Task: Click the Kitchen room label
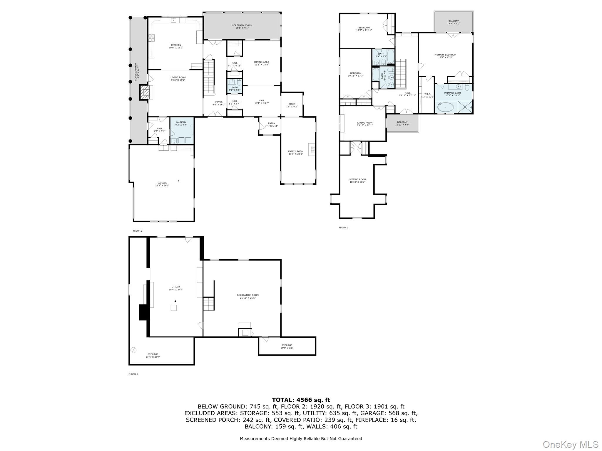tap(176, 45)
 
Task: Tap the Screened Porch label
tap(242, 26)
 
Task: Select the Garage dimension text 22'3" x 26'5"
tap(162, 186)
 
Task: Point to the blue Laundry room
tap(181, 131)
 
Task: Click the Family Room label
tap(295, 152)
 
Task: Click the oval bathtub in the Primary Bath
tap(446, 107)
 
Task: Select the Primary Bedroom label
tap(445, 55)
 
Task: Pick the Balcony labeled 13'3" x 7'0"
tap(453, 22)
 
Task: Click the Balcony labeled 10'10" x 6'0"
tap(402, 123)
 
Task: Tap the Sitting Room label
tap(357, 179)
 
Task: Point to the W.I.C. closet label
tap(427, 94)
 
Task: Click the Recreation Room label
tap(248, 295)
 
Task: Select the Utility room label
tap(176, 287)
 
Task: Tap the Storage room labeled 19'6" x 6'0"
tap(287, 346)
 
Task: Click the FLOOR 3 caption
tap(343, 228)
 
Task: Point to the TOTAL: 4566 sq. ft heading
tap(301, 400)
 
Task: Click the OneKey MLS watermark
tap(570, 444)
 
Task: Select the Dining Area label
tap(261, 62)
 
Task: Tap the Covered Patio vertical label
tap(136, 72)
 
